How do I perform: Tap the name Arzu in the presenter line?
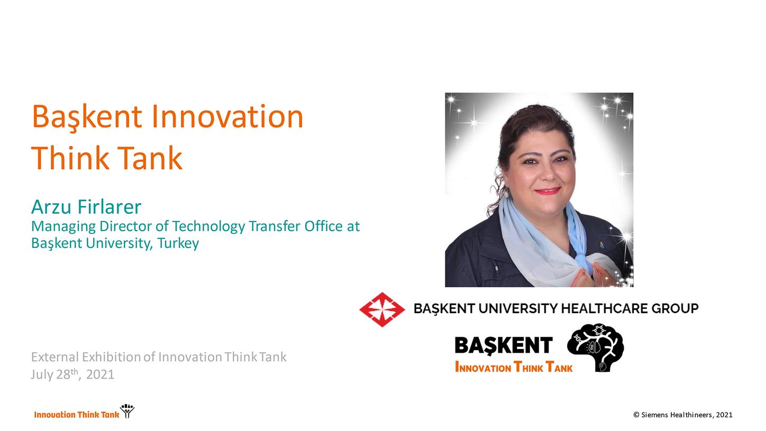click(51, 207)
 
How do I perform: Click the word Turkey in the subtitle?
click(178, 244)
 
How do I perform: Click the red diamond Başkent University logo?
click(382, 309)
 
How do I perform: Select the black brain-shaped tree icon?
click(595, 347)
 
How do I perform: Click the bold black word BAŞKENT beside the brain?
click(504, 345)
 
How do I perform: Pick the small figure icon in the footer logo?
click(127, 411)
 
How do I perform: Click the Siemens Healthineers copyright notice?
click(683, 415)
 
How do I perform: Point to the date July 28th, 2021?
click(72, 374)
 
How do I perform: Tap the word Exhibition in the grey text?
click(111, 357)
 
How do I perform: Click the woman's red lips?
click(548, 191)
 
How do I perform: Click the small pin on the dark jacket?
click(602, 245)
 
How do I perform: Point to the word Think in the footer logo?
click(87, 415)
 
